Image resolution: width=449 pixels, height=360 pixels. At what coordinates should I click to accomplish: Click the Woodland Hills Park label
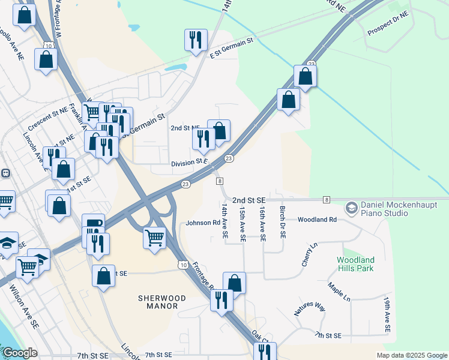coord(355,264)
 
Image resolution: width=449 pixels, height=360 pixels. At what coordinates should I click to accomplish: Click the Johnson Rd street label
coord(203,223)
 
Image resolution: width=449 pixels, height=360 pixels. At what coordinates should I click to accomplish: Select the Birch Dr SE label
coord(282,222)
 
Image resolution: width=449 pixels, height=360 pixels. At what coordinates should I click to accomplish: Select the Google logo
coord(20,353)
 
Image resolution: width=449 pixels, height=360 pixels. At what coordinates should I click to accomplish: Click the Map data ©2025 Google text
coord(411,355)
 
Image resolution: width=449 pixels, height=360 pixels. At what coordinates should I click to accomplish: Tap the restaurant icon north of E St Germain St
coord(196,40)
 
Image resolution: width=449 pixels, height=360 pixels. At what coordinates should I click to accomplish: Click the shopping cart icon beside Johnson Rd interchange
coord(155,238)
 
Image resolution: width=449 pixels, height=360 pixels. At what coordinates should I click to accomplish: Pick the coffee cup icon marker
coord(93,224)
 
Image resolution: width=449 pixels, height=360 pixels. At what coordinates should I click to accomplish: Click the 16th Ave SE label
coord(262,222)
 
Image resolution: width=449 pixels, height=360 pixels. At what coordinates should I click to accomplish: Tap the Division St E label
coord(188,163)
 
